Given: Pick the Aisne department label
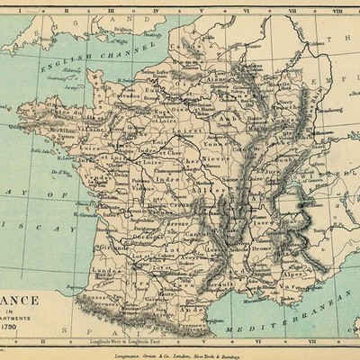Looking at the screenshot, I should (217, 79).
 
